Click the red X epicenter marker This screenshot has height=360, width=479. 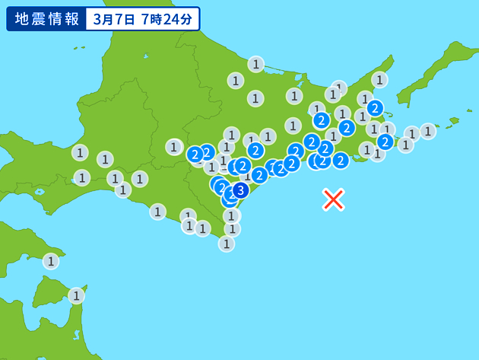[333, 199]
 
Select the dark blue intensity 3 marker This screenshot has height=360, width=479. [240, 190]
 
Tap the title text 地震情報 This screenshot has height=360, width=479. [46, 18]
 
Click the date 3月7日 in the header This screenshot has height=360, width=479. [113, 19]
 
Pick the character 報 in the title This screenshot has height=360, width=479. [71, 18]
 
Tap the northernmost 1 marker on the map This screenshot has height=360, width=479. [256, 64]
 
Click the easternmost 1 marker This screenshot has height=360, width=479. [428, 131]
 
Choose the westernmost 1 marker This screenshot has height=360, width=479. [50, 261]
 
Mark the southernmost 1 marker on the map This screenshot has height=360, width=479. [76, 295]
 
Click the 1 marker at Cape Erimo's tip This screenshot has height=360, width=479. [227, 244]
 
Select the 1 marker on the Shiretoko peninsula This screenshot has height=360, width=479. [379, 79]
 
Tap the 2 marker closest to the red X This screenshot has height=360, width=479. [341, 160]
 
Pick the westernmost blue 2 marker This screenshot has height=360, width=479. [195, 154]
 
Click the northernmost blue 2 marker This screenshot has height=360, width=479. [375, 108]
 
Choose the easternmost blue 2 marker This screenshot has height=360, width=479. [385, 141]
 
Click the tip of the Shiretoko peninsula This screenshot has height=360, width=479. [392, 56]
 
